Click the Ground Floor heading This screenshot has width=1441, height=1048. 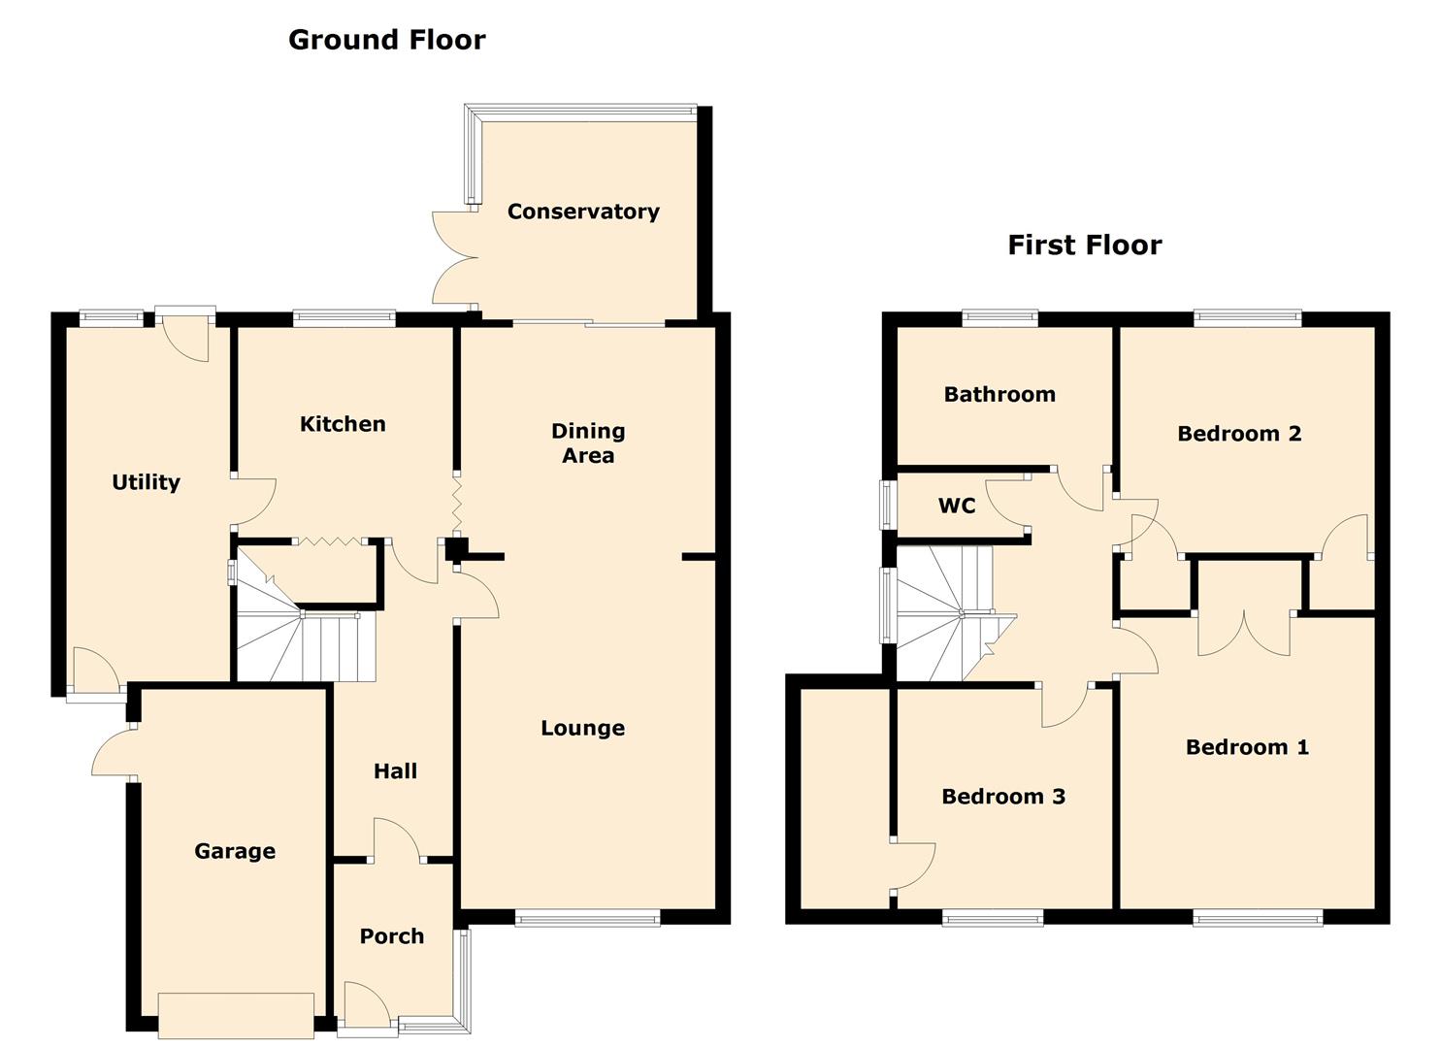click(386, 40)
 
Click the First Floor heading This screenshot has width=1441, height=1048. click(1085, 246)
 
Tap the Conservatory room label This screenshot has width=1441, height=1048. click(583, 212)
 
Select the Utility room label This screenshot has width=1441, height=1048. click(146, 482)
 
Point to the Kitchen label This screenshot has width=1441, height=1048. click(343, 424)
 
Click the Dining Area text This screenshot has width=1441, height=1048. click(588, 443)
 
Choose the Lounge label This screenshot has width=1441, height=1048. click(583, 728)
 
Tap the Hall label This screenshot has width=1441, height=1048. click(395, 770)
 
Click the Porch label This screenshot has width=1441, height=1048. click(392, 936)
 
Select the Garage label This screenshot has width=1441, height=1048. click(235, 851)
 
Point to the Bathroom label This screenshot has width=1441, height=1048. click(999, 394)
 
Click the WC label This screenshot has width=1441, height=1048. click(957, 506)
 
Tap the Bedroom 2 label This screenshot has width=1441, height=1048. click(1239, 434)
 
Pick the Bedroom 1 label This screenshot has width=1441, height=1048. click(1247, 747)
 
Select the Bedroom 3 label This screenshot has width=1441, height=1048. click(1003, 797)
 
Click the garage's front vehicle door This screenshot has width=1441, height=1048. click(236, 1015)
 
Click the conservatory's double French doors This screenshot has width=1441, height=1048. click(454, 257)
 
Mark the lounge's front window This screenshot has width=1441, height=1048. click(587, 918)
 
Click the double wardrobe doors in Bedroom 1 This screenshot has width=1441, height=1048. click(1244, 633)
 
